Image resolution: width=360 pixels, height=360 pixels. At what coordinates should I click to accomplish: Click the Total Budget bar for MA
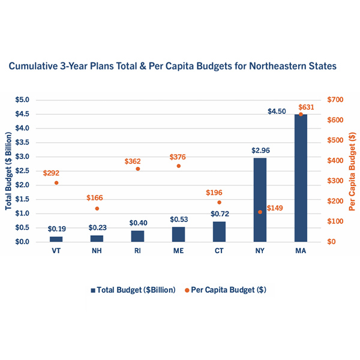[301, 178]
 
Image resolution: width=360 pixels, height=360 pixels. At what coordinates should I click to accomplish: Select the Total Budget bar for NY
[260, 200]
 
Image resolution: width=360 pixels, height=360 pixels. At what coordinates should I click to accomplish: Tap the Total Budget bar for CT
[219, 232]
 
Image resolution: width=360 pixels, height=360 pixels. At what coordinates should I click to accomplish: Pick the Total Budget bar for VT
[56, 239]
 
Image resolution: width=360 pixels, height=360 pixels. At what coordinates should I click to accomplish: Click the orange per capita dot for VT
[56, 182]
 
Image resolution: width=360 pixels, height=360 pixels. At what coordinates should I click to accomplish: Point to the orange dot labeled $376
[178, 166]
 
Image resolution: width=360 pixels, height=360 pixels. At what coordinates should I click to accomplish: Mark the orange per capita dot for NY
[260, 212]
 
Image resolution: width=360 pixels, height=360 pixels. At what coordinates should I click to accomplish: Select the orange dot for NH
[97, 208]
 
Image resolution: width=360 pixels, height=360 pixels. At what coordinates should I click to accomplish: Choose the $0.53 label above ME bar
[178, 220]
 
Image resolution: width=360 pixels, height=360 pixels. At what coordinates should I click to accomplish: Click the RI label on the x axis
[137, 251]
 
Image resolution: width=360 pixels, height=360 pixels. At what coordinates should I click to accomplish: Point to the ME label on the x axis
[178, 251]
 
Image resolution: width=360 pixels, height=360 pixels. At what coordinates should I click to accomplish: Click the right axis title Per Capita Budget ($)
[351, 171]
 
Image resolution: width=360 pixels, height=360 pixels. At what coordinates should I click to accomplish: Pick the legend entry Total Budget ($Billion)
[133, 290]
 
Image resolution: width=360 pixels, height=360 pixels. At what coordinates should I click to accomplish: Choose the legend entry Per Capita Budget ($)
[226, 290]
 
